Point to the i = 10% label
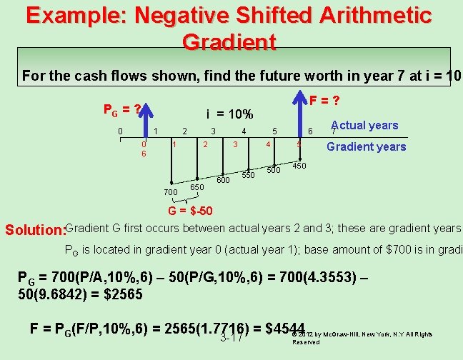pyautogui.click(x=229, y=114)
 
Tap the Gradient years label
pyautogui.click(x=366, y=146)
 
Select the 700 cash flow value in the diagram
pyautogui.click(x=170, y=192)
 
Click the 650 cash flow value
pyautogui.click(x=197, y=187)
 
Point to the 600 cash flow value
pyautogui.click(x=223, y=180)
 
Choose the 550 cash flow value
pyautogui.click(x=248, y=175)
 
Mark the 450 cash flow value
pyautogui.click(x=300, y=166)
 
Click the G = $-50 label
pyautogui.click(x=189, y=211)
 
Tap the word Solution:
pyautogui.click(x=34, y=230)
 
